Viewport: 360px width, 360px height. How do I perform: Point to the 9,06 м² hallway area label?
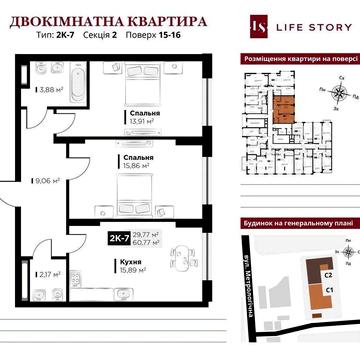tap(48, 182)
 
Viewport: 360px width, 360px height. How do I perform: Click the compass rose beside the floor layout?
tap(343, 95)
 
